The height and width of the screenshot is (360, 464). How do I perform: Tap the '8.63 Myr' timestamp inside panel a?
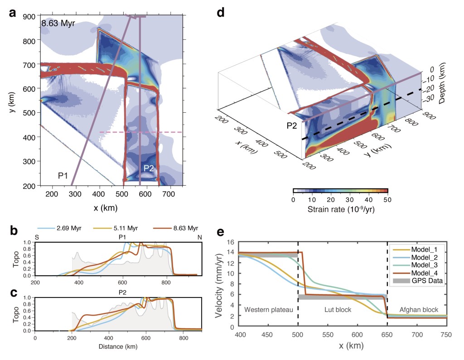(58, 24)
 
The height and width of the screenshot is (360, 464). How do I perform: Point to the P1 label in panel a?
(63, 175)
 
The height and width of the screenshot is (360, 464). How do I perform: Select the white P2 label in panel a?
(150, 168)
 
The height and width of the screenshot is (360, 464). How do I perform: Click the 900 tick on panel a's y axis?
(30, 16)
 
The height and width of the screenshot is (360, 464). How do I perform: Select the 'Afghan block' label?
(419, 310)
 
